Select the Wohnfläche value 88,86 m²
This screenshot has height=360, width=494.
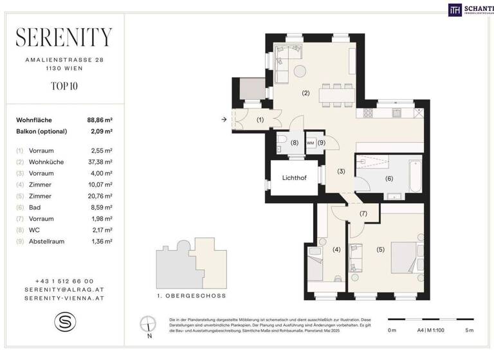pyautogui.click(x=100, y=120)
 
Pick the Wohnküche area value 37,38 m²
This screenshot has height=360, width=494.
pyautogui.click(x=100, y=162)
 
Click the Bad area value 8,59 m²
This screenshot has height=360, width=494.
pyautogui.click(x=100, y=208)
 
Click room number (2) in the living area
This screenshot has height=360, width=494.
pyautogui.click(x=306, y=93)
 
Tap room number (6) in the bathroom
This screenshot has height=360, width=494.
pyautogui.click(x=389, y=179)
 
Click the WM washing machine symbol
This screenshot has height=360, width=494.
pyautogui.click(x=310, y=143)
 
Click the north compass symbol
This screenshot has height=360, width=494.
pyautogui.click(x=149, y=325)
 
